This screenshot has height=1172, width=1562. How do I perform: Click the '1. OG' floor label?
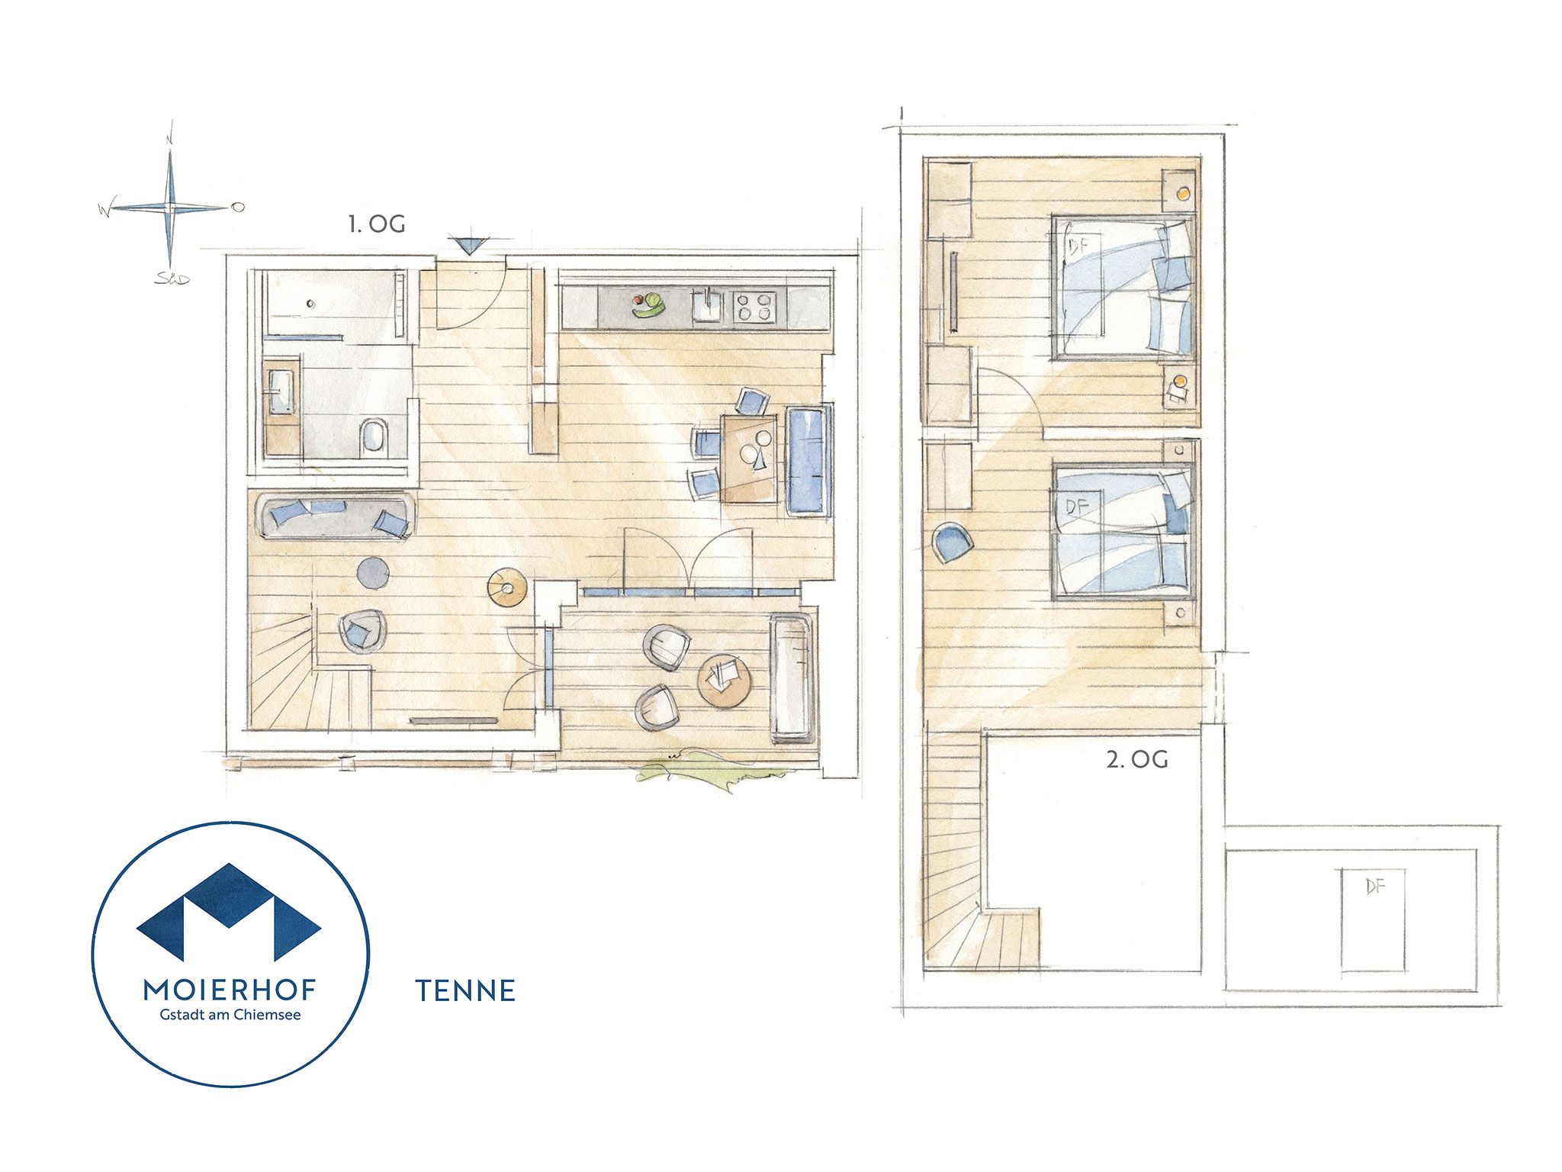click(377, 224)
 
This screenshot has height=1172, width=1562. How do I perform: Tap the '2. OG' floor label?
click(1137, 759)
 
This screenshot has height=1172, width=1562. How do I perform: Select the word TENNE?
click(465, 990)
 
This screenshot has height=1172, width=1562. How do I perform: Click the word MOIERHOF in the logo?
click(230, 990)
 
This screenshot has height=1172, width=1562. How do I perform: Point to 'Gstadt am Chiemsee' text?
click(230, 1015)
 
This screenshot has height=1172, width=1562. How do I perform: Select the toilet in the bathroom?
click(374, 438)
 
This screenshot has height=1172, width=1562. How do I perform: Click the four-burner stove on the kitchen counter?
click(754, 307)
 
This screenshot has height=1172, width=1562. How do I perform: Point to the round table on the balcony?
click(725, 681)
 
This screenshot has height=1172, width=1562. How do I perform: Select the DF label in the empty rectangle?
click(1375, 887)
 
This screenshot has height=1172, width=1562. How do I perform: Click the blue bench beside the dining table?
click(807, 461)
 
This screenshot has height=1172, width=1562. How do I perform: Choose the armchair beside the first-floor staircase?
click(361, 630)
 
